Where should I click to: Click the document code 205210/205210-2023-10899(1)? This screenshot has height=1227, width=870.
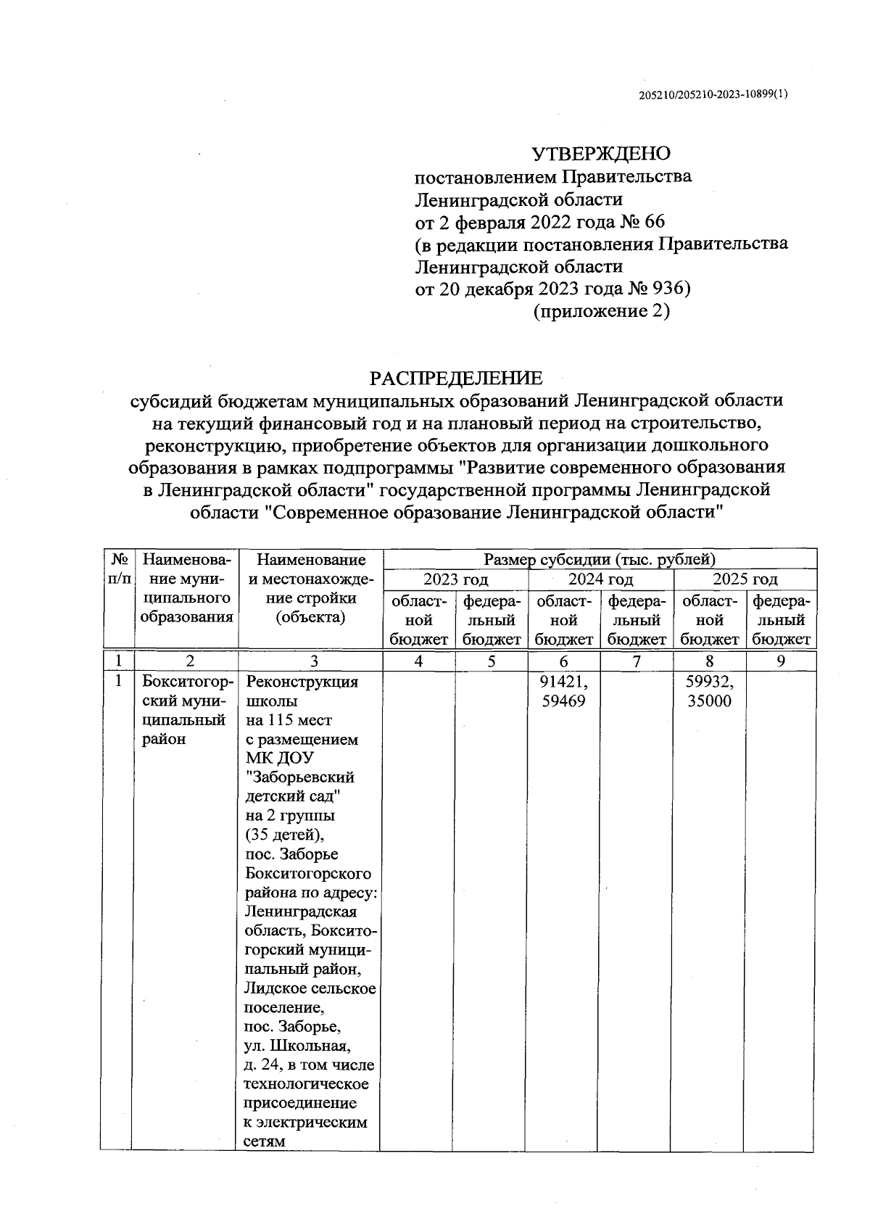pos(713,95)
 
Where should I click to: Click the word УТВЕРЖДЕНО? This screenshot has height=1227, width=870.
pos(601,154)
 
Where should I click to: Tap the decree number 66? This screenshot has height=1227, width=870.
pos(654,221)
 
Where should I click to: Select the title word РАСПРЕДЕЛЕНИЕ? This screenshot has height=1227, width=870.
pos(456,378)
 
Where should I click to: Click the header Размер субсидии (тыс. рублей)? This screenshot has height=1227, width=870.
pos(600,559)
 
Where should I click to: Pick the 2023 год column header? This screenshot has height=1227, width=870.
pos(455,579)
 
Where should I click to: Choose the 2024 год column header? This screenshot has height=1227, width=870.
pos(600,579)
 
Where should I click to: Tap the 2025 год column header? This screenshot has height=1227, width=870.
pos(745,579)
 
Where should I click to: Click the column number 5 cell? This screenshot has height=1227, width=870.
pos(492,661)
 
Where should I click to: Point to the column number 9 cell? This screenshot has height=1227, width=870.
pos(781,661)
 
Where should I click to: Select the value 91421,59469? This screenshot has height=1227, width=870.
pos(564,692)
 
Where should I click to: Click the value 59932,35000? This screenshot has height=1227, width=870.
pos(709,692)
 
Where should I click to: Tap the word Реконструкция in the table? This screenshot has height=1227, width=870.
pos(302,682)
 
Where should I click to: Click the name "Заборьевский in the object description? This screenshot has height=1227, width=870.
pos(300,777)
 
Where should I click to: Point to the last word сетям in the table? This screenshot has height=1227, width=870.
pos(265,1141)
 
